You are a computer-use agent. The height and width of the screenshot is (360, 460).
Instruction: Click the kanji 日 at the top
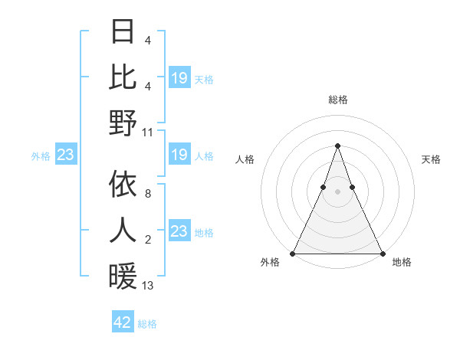tap(123, 32)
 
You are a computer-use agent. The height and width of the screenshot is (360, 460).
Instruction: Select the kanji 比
tap(123, 77)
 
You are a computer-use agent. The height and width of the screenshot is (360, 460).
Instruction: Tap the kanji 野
tap(123, 123)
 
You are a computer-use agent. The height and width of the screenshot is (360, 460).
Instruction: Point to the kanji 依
tap(123, 184)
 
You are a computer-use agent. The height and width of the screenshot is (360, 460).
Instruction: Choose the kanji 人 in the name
tap(123, 230)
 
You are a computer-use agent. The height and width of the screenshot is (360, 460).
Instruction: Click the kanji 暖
tap(123, 276)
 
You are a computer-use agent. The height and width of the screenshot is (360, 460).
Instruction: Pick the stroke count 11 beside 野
tap(148, 132)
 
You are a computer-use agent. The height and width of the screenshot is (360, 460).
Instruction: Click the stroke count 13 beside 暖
tap(148, 285)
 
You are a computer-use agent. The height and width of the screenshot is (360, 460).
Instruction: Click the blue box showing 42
tap(123, 322)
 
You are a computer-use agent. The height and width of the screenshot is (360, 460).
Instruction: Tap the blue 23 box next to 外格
tap(65, 155)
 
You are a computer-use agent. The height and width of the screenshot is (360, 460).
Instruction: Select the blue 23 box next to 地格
tap(179, 231)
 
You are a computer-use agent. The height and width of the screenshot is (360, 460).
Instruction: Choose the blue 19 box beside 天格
tap(179, 78)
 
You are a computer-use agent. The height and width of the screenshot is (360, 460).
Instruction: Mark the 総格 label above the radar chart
tap(337, 100)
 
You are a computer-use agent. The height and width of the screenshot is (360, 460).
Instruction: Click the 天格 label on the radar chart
tap(431, 159)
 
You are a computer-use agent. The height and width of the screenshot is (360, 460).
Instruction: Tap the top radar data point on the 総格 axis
tap(337, 146)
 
